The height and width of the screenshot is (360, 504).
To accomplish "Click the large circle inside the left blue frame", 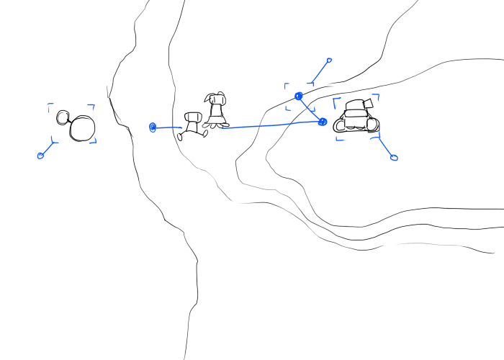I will click(x=82, y=129).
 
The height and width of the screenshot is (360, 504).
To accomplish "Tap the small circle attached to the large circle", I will click(x=63, y=116).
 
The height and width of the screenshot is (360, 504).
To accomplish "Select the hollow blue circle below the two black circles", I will click(x=40, y=156).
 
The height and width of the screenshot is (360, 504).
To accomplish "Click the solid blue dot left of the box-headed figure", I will click(x=153, y=127).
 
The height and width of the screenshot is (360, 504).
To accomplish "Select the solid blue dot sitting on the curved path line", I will click(x=299, y=96).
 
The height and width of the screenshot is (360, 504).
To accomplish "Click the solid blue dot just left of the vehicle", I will click(x=323, y=122).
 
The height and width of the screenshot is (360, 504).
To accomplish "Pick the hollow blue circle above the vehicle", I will click(x=329, y=60).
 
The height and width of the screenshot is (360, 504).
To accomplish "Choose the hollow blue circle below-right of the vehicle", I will click(x=393, y=157).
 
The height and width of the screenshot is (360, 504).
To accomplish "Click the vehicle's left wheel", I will click(x=341, y=125).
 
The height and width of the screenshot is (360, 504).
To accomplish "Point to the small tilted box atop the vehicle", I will click(x=369, y=102).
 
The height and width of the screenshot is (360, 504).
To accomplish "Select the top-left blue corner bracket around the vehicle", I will click(x=336, y=100).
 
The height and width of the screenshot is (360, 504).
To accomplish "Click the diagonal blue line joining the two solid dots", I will click(x=310, y=109).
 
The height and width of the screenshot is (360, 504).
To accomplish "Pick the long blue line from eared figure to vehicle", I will click(x=270, y=125).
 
